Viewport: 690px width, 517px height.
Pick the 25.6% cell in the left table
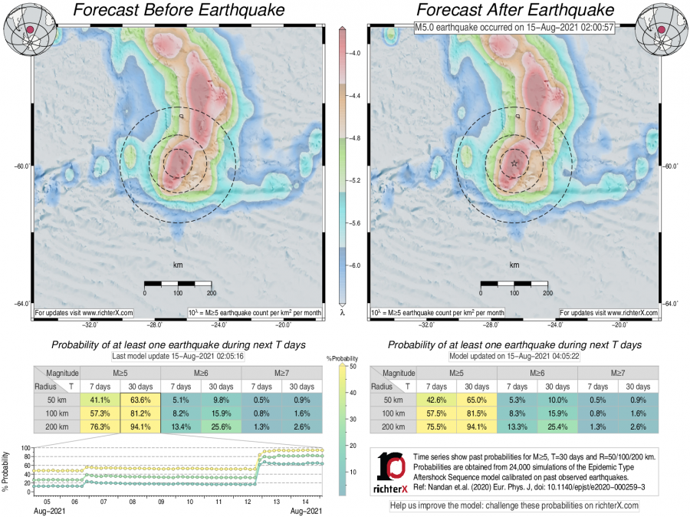(x=221, y=428)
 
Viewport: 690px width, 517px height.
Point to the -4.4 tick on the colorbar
(x=354, y=97)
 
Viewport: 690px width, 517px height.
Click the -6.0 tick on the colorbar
(x=354, y=265)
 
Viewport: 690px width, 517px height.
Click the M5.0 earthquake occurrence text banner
(x=514, y=28)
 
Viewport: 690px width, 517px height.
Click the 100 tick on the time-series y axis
(x=25, y=448)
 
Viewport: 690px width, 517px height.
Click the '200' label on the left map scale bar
(x=210, y=293)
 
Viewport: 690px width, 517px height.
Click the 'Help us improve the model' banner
(x=514, y=505)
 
